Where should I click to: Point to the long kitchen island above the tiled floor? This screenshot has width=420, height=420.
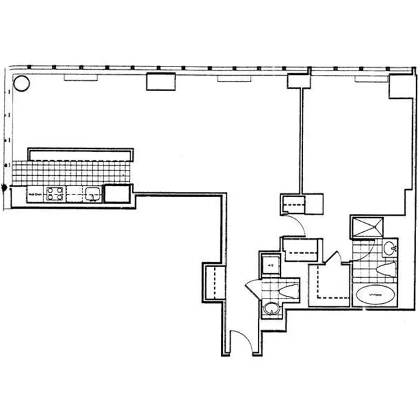click(81, 154)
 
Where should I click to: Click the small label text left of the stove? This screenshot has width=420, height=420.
click(34, 193)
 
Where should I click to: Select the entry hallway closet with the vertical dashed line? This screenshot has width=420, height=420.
click(213, 281)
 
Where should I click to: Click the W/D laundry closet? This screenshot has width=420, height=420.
click(269, 265)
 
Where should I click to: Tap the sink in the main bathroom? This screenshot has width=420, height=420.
click(389, 247)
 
